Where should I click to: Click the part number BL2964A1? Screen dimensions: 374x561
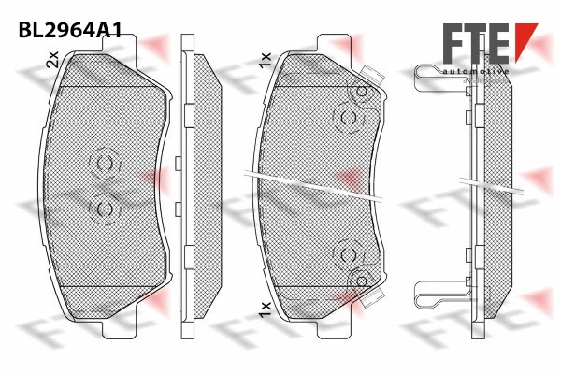click(70, 28)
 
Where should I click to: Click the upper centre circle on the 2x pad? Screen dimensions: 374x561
click(104, 165)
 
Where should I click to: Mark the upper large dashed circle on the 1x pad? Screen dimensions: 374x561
click(348, 117)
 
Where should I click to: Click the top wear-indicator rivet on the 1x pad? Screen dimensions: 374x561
click(360, 91)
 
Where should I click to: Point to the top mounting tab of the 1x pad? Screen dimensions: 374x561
click(332, 43)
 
